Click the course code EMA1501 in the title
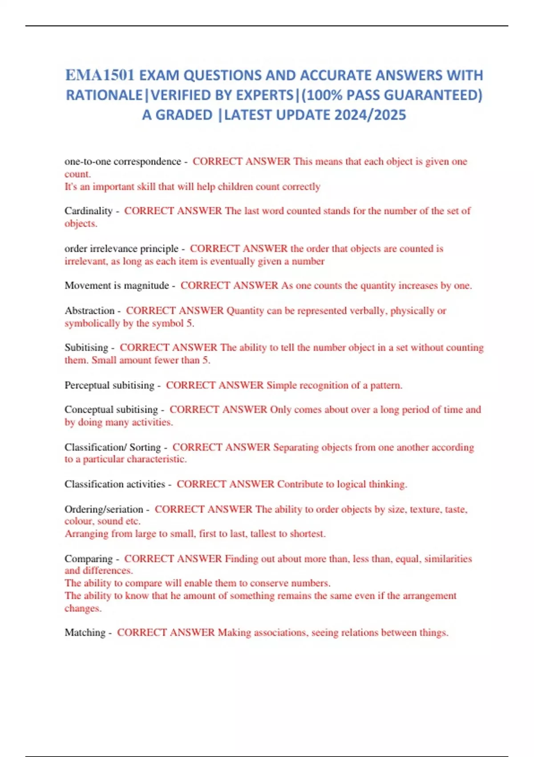pos(100,75)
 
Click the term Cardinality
pos(89,211)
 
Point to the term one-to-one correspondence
pos(123,162)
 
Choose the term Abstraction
pos(89,310)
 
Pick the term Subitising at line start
pos(86,347)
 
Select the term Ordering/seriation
pos(104,509)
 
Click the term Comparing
pos(89,558)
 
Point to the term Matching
pos(85,632)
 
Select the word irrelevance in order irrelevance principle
pos(113,248)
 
